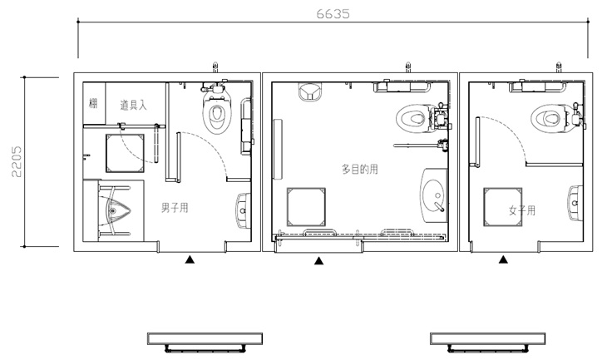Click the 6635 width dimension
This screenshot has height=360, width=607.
point(333,14)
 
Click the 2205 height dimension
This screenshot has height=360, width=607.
point(17,161)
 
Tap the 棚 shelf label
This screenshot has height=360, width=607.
point(93,103)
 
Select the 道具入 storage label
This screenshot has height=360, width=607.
point(133,105)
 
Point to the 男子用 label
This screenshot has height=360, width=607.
point(175,208)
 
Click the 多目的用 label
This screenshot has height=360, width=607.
point(360,169)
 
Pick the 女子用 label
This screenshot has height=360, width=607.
point(522,210)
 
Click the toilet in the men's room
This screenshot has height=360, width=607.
point(216,111)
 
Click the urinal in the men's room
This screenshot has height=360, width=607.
point(115,210)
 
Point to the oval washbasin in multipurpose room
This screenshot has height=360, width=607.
point(434,195)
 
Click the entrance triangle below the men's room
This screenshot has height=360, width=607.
point(190,259)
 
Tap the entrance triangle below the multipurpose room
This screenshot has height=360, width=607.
point(318,261)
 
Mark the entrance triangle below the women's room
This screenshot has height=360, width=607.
point(503,259)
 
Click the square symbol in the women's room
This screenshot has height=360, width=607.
point(502,207)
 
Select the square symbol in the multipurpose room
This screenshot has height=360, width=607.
point(306,207)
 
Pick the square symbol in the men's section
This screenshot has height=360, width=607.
point(125,153)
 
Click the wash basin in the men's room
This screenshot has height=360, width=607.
point(243,210)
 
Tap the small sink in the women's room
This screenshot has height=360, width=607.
point(575,203)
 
